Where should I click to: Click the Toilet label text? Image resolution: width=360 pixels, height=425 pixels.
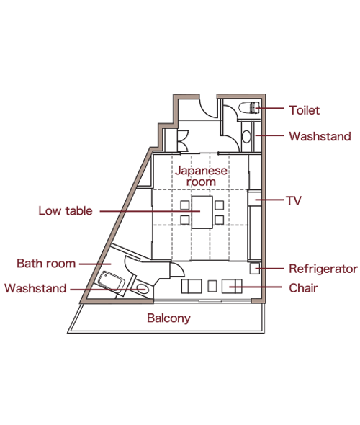point(304,110)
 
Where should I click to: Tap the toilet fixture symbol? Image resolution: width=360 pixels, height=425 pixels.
point(249,107)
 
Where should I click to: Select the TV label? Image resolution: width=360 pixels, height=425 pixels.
point(294,201)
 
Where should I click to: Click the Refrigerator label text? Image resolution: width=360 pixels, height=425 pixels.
point(323,269)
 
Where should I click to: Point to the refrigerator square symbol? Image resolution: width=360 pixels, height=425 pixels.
point(254,268)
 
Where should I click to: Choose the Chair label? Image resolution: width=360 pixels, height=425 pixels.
point(303,288)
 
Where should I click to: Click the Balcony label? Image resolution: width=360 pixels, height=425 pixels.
point(168,318)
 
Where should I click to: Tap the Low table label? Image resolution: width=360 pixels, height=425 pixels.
point(66,211)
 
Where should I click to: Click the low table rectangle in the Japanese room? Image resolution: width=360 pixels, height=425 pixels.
point(202,212)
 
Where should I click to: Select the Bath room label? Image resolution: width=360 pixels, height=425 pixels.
point(46,264)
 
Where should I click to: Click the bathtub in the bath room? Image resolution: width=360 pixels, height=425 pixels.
point(110,282)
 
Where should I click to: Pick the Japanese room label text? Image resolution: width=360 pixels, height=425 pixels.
point(201,176)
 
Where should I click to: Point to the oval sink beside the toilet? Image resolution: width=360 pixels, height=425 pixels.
point(246,136)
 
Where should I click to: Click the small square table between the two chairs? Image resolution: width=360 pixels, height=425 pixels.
point(212,286)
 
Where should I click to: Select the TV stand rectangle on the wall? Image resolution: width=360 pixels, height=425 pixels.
point(254,199)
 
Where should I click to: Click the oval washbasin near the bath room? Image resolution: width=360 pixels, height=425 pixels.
point(142,288)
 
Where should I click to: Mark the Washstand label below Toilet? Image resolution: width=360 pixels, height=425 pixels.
point(320,136)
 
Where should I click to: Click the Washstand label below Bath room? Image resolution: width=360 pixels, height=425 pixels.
point(35,288)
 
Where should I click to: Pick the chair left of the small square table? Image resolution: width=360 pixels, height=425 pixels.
point(192,286)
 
